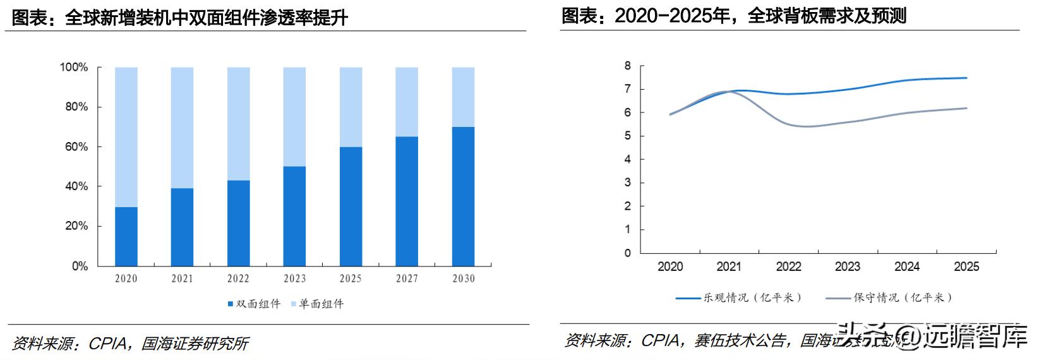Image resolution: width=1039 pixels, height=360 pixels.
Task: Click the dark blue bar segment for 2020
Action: click(x=126, y=237)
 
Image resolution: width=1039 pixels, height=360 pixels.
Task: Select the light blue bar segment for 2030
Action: click(x=463, y=97)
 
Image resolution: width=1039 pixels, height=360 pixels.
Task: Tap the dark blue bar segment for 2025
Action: click(x=351, y=207)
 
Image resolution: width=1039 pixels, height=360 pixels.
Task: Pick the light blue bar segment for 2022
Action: click(x=238, y=124)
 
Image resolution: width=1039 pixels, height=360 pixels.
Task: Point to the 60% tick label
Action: click(x=74, y=147)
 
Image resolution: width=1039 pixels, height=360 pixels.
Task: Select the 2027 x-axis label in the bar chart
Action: click(x=407, y=279)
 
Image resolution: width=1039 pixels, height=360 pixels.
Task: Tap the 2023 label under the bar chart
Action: click(x=294, y=279)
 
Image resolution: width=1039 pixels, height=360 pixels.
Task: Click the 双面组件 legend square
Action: click(x=231, y=304)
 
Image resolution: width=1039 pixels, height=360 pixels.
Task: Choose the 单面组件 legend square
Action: click(x=293, y=304)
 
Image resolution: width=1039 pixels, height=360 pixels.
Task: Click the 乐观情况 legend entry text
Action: click(x=752, y=297)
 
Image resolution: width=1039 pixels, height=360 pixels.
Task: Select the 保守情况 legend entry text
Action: click(x=903, y=297)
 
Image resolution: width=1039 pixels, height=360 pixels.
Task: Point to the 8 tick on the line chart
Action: click(x=627, y=66)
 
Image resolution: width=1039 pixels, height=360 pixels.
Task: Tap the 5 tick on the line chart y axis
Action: click(x=627, y=136)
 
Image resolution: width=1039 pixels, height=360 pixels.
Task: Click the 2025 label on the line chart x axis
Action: click(x=966, y=267)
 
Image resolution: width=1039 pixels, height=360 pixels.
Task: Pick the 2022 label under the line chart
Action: click(x=788, y=267)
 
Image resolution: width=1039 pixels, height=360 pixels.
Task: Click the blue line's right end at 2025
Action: click(x=966, y=78)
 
